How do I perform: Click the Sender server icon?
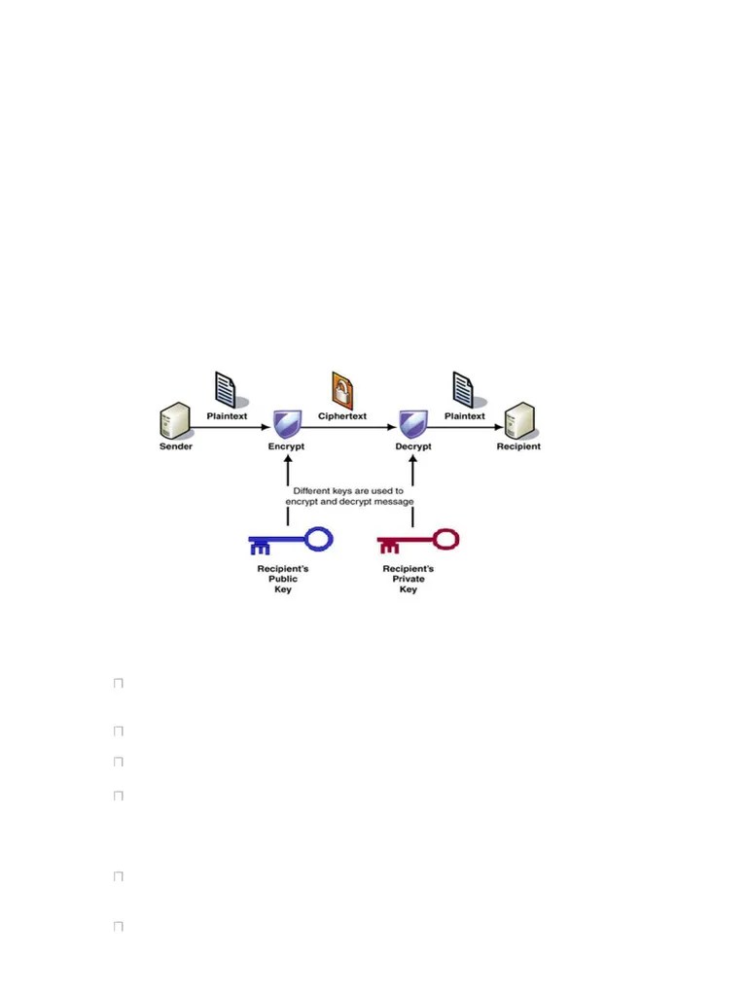(x=174, y=421)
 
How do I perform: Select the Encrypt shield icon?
(x=287, y=423)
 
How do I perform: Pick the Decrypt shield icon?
(x=413, y=423)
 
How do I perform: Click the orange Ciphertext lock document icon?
(x=342, y=389)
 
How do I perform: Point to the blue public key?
(x=290, y=541)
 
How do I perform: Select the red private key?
(x=416, y=541)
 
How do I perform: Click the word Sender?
(x=176, y=446)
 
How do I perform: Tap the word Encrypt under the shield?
(x=287, y=446)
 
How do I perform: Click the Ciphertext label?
(x=342, y=416)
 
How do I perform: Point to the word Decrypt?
(x=413, y=446)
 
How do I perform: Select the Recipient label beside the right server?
(x=517, y=446)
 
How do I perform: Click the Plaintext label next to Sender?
(x=228, y=416)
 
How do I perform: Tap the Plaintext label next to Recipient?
(x=465, y=416)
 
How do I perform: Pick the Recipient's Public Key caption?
(x=283, y=579)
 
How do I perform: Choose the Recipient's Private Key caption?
(x=409, y=579)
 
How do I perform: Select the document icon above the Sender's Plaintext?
(x=226, y=390)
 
